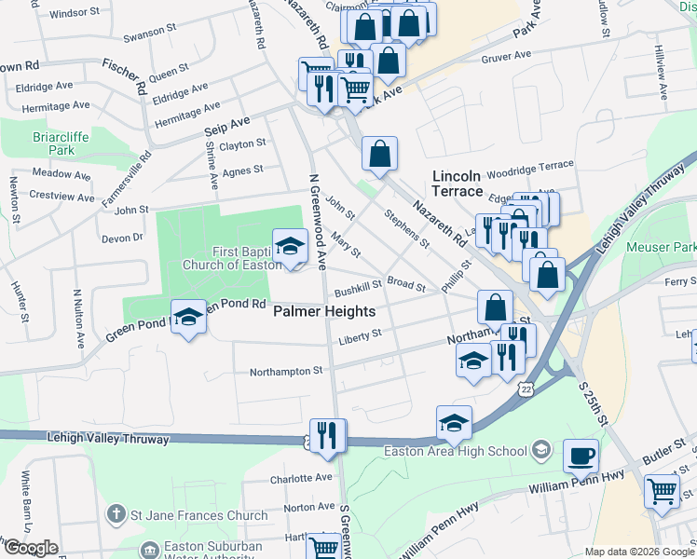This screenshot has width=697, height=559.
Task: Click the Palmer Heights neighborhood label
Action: point(324,312)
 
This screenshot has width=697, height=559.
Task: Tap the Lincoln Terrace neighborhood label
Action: point(458,184)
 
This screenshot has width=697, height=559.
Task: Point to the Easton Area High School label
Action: point(457,452)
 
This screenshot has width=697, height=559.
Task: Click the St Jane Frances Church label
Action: point(186,515)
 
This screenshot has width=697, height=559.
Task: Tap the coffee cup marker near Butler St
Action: point(581,457)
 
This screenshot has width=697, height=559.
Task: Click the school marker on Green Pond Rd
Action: point(188,317)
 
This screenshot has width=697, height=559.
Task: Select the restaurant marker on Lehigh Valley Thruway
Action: point(327,436)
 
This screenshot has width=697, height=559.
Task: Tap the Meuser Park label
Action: point(661,247)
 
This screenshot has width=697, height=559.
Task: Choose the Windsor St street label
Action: point(74,14)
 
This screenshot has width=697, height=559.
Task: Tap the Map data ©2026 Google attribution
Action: point(639,552)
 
